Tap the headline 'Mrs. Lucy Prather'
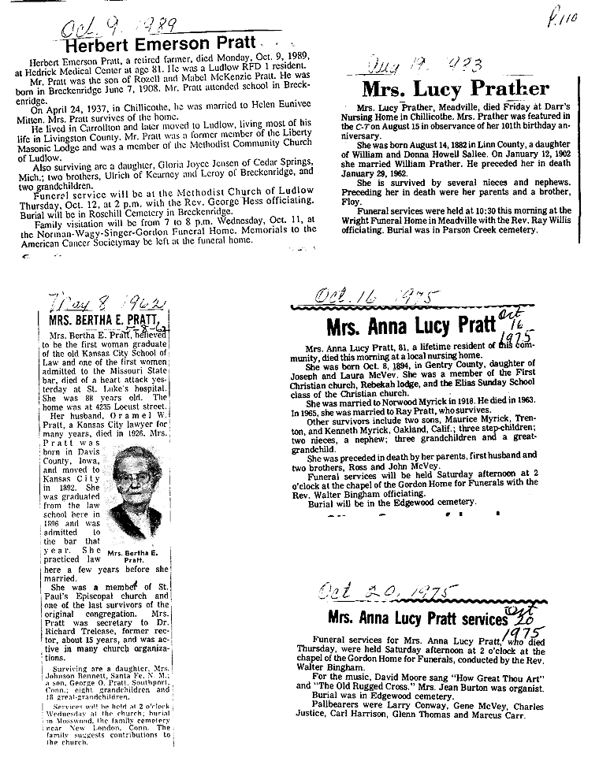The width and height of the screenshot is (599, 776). (455, 88)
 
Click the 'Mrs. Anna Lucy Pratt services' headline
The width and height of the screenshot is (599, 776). (417, 618)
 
